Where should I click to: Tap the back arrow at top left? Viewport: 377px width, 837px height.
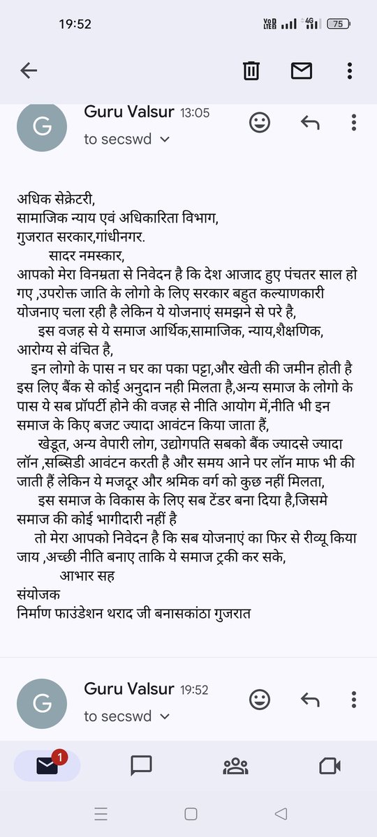[x=29, y=70]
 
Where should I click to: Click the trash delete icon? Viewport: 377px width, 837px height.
[x=251, y=70]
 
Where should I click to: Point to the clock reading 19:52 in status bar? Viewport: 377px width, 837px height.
[x=75, y=24]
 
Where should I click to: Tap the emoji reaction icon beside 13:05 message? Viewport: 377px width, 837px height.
[x=260, y=123]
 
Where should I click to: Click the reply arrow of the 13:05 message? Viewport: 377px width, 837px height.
[x=309, y=123]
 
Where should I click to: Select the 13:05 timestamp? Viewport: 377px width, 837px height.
[x=195, y=112]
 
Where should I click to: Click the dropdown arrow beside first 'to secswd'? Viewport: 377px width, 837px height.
[x=165, y=139]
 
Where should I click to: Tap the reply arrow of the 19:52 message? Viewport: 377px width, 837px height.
[x=309, y=700]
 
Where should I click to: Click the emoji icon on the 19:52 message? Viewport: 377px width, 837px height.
[x=260, y=700]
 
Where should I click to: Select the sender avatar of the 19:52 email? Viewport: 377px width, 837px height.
[x=44, y=702]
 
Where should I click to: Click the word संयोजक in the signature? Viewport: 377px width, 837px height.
[x=38, y=595]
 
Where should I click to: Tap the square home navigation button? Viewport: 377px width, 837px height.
[x=190, y=813]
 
